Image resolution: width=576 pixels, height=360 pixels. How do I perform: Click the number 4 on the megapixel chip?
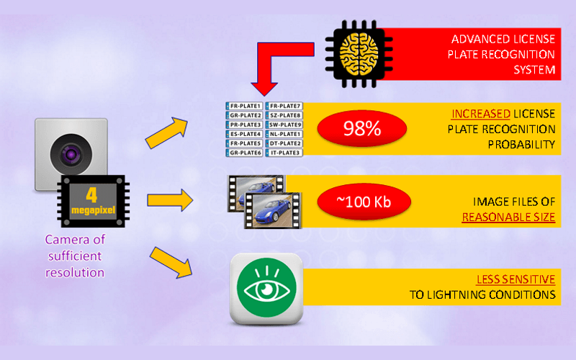91,194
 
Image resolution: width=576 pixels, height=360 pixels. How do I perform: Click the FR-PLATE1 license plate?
243,106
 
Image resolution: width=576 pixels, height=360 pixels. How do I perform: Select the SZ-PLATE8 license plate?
284,115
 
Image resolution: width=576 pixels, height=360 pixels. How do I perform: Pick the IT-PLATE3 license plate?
284,153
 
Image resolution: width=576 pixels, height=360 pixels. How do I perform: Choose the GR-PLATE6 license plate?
243,153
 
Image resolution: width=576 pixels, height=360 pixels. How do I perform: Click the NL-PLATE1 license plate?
284,134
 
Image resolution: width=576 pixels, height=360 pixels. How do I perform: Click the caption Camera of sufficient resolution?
75,256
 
